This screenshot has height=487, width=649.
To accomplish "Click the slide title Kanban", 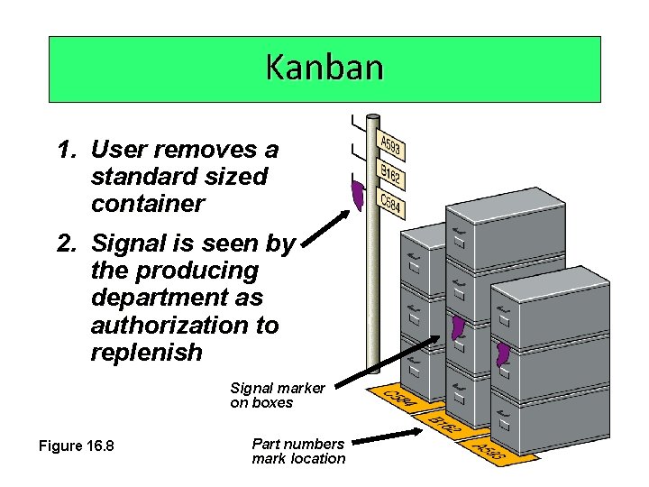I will pos(324,68).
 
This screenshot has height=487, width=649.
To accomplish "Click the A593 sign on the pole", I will pos(391,145).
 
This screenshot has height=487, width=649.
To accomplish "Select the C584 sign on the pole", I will pos(390,205).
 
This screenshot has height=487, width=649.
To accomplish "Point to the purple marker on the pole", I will pos(358,194).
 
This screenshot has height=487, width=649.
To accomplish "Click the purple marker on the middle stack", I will pos(459,331).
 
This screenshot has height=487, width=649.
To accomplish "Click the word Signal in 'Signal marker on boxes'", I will pos(252,389).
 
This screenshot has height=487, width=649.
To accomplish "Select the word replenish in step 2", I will pos(146,353).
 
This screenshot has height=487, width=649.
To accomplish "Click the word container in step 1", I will pos(148,204).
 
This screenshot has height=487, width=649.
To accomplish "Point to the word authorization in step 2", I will pos(185,325).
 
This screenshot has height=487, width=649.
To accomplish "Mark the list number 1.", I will pos(65,149).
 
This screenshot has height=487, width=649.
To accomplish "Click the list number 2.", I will pos(65,243).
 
